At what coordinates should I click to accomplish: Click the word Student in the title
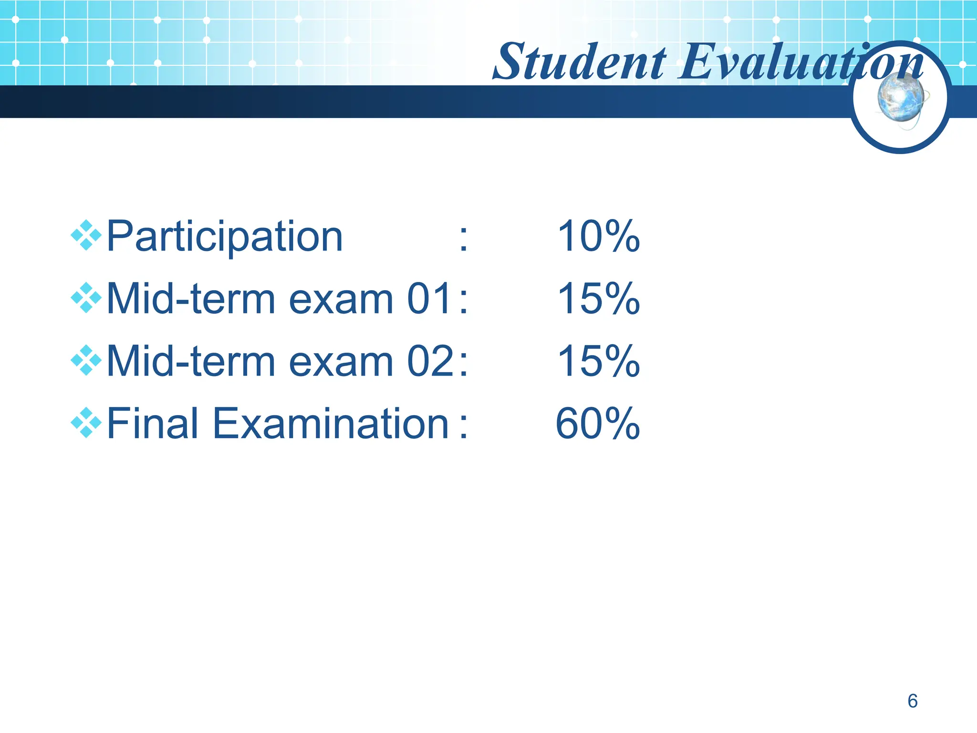coord(580,62)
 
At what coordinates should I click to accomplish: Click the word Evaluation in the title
coord(801,62)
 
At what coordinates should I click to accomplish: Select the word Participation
coord(224,237)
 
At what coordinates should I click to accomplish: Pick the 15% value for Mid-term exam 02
coord(598,361)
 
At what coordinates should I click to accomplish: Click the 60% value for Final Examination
coord(597,423)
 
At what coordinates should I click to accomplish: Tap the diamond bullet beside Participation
coord(86,235)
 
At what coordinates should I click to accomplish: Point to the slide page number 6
coord(912,701)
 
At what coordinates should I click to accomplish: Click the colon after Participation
coord(463,239)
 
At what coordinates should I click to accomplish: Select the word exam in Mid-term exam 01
coord(341,300)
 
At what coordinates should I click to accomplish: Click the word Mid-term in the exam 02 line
coord(191,361)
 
